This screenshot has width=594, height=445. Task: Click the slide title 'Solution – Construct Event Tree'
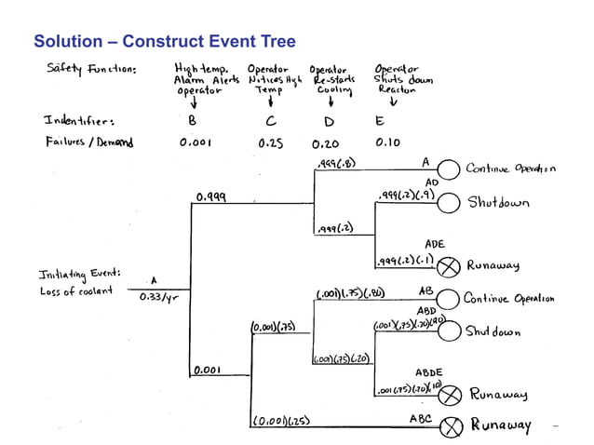[x=165, y=42]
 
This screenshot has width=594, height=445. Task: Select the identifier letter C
[x=269, y=120]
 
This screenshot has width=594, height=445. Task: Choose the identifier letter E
[x=379, y=120]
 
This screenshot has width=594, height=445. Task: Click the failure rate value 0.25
[x=269, y=143]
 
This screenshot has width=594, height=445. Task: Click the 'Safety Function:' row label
[x=91, y=69]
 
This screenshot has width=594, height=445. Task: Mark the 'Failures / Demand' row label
[x=88, y=143]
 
